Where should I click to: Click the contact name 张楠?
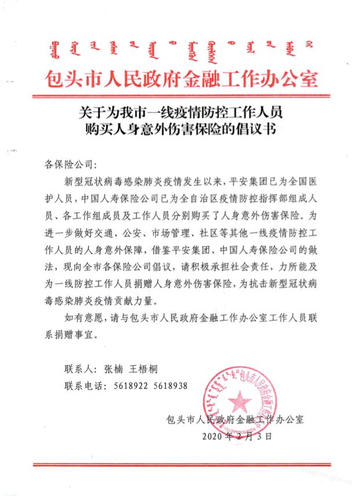coord(114,369)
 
